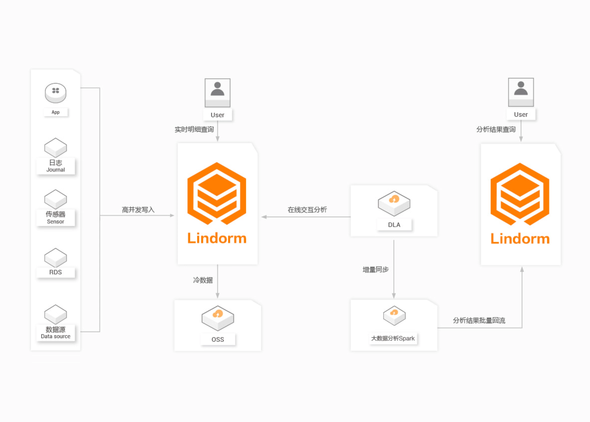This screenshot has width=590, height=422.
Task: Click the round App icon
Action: [x=55, y=93]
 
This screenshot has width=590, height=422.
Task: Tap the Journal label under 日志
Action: [x=55, y=170]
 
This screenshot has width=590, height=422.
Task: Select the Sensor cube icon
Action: [x=55, y=199]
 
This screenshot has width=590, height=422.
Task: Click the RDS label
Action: [x=55, y=272]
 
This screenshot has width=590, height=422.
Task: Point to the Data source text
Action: [x=55, y=336]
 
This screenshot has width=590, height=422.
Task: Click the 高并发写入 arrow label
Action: [x=138, y=210]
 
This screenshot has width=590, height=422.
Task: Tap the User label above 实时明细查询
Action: [x=217, y=115]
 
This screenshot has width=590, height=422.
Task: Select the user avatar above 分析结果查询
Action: [x=521, y=92]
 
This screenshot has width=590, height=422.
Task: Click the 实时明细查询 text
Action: [x=194, y=129]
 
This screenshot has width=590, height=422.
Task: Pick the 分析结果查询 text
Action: [x=496, y=129]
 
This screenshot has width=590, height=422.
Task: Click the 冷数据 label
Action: [x=203, y=280]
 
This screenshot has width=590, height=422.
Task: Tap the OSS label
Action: [x=218, y=339]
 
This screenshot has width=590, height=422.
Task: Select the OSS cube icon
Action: [x=218, y=318]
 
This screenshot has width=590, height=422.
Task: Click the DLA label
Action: [x=394, y=225]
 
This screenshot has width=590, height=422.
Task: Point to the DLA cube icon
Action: [x=394, y=203]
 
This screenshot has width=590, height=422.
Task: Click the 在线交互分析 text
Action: [x=307, y=210]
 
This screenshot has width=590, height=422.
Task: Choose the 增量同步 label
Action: [x=375, y=269]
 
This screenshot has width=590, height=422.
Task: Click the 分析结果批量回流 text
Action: [x=479, y=320]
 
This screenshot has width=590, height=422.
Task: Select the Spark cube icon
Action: [x=394, y=316]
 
